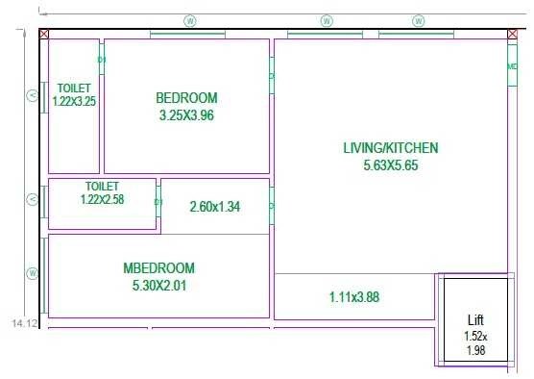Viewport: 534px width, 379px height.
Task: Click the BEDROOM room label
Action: point(186,97)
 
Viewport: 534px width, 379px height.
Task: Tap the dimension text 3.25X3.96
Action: point(186,115)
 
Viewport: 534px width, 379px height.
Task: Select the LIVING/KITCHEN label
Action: point(391,147)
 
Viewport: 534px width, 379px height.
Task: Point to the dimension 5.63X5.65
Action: point(391,164)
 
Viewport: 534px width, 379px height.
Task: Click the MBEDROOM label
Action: point(158,267)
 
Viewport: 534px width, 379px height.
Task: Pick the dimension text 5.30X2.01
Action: point(158,285)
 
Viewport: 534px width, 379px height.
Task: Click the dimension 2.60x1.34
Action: point(214,206)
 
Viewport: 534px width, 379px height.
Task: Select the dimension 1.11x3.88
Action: point(353,297)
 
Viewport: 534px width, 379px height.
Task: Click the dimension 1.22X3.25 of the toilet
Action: point(74,100)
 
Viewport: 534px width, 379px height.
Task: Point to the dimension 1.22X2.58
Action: point(102,199)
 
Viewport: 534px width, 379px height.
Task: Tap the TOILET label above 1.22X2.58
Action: point(102,186)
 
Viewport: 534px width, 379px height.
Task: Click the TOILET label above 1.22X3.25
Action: point(74,87)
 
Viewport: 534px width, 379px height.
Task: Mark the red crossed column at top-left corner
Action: point(44,34)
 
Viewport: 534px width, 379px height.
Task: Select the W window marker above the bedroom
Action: point(189,20)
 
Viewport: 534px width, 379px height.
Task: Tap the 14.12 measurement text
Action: point(24,324)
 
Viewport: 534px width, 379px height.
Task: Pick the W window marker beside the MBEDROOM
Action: point(33,273)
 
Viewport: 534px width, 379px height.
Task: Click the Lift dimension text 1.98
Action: point(476,351)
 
